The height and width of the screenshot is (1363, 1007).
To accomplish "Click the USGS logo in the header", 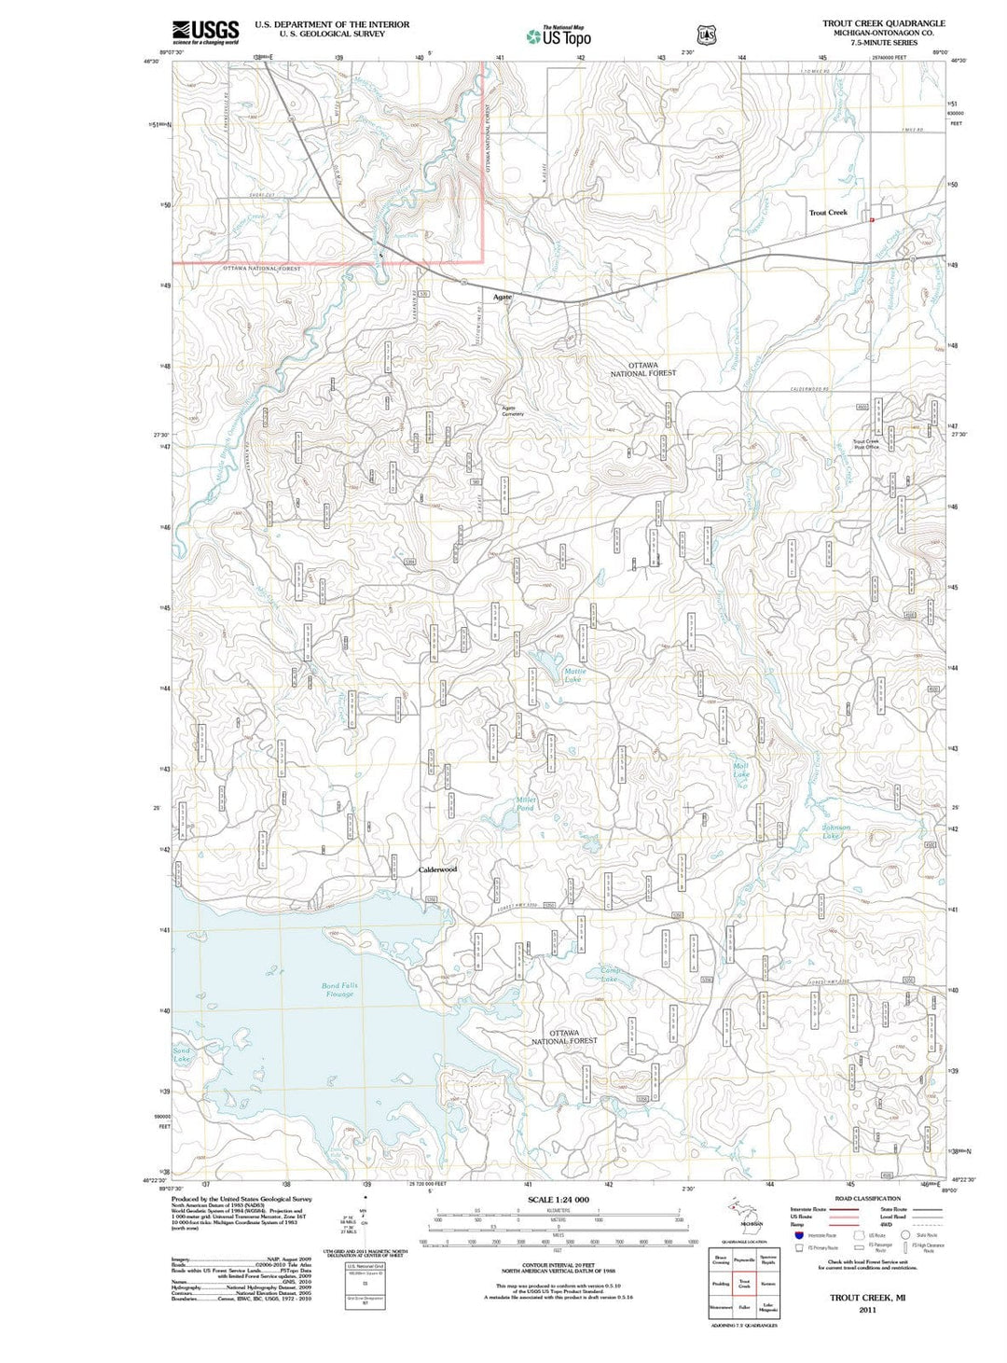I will click(205, 32).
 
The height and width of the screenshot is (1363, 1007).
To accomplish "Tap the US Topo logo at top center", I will click(559, 36).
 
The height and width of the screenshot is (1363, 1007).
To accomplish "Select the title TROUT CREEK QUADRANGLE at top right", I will click(883, 23).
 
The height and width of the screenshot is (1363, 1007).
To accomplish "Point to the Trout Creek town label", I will click(828, 213).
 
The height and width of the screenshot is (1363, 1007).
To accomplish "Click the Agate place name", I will click(503, 297).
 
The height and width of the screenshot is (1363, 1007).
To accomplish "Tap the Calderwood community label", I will click(437, 869).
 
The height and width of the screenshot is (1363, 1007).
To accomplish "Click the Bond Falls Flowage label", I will click(339, 990).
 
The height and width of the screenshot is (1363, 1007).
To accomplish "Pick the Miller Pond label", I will click(526, 804).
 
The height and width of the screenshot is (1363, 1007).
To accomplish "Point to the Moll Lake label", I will click(741, 771).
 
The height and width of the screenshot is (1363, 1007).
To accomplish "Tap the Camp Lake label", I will click(609, 975).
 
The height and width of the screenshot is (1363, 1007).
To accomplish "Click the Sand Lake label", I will click(182, 1055).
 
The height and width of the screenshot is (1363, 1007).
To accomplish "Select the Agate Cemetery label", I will click(513, 410).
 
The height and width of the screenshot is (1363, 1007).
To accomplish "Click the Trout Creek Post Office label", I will click(866, 444).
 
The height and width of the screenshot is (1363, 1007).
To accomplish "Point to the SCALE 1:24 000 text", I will click(559, 1200).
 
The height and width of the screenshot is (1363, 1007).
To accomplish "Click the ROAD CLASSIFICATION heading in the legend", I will click(867, 1199).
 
